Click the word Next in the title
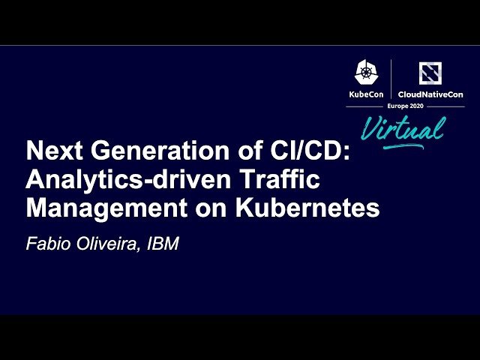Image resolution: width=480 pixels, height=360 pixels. tap(51, 151)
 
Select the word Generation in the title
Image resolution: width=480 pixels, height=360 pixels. tap(145, 151)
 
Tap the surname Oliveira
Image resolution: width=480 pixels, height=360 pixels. tap(104, 245)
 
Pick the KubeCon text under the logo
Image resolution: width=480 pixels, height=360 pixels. tap(367, 95)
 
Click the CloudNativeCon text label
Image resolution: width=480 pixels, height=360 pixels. tap(430, 95)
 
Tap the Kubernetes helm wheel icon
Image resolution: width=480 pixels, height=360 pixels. tap(367, 73)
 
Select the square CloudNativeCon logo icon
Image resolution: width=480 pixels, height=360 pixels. tap(430, 73)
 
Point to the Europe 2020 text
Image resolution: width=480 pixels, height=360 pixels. tap(405, 107)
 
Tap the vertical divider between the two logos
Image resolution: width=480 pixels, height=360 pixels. tap(391, 79)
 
